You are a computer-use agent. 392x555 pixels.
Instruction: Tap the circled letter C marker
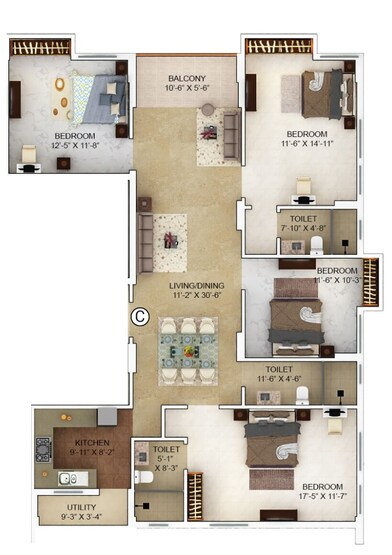140,318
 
